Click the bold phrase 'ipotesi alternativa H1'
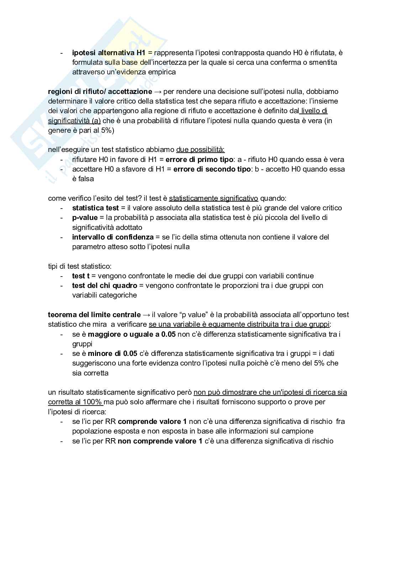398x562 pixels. click(109, 53)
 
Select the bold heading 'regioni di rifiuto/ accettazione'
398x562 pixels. click(100, 91)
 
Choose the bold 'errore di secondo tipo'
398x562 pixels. click(212, 169)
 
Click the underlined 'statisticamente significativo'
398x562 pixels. click(214, 198)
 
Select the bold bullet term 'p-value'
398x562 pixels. click(85, 217)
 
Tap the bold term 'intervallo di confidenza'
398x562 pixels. click(113, 237)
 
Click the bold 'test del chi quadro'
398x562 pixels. click(105, 285)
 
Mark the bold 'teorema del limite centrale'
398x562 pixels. click(94, 315)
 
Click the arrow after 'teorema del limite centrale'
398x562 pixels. click(146, 315)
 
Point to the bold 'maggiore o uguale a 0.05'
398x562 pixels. click(132, 334)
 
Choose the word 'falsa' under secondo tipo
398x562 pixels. click(83, 179)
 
